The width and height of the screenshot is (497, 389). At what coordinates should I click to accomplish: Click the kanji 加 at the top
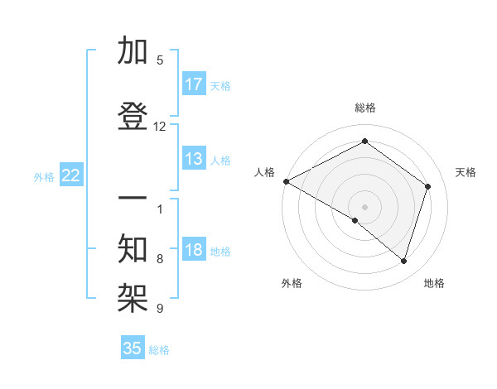(133, 53)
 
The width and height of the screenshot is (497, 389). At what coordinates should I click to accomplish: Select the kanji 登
(133, 116)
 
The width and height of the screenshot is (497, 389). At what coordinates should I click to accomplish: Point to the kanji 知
(133, 247)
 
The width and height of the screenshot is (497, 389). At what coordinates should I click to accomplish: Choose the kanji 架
(133, 292)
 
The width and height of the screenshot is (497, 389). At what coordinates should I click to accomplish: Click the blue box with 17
(194, 84)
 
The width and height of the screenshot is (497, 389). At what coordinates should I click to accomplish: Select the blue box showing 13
(194, 159)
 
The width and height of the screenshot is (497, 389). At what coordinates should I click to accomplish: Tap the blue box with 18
(194, 251)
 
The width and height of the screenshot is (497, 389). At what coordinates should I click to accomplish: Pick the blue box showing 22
(71, 175)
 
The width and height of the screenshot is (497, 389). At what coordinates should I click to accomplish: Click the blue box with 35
(133, 348)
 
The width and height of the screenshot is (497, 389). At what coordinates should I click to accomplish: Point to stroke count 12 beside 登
(160, 127)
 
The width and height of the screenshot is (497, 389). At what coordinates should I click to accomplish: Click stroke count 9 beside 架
(160, 309)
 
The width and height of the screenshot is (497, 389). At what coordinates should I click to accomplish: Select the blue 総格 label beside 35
(159, 350)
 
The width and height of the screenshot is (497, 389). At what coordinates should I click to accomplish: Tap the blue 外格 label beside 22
(44, 176)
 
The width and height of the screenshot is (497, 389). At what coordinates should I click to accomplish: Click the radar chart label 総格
(364, 108)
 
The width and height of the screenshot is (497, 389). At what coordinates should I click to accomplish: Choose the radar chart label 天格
(466, 172)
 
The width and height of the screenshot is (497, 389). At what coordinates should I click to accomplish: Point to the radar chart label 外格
(292, 283)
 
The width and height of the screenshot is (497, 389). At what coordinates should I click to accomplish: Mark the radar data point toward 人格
(286, 181)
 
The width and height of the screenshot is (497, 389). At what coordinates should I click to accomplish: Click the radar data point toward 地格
(404, 261)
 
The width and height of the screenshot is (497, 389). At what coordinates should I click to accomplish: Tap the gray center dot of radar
(364, 206)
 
